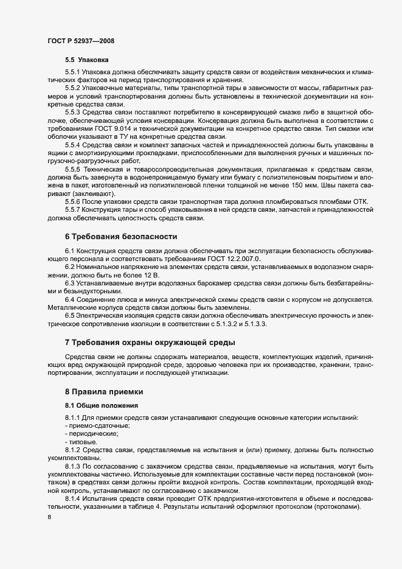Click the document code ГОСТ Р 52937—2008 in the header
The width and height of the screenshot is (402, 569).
coord(81,41)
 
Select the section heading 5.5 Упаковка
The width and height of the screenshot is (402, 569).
coord(87,61)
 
